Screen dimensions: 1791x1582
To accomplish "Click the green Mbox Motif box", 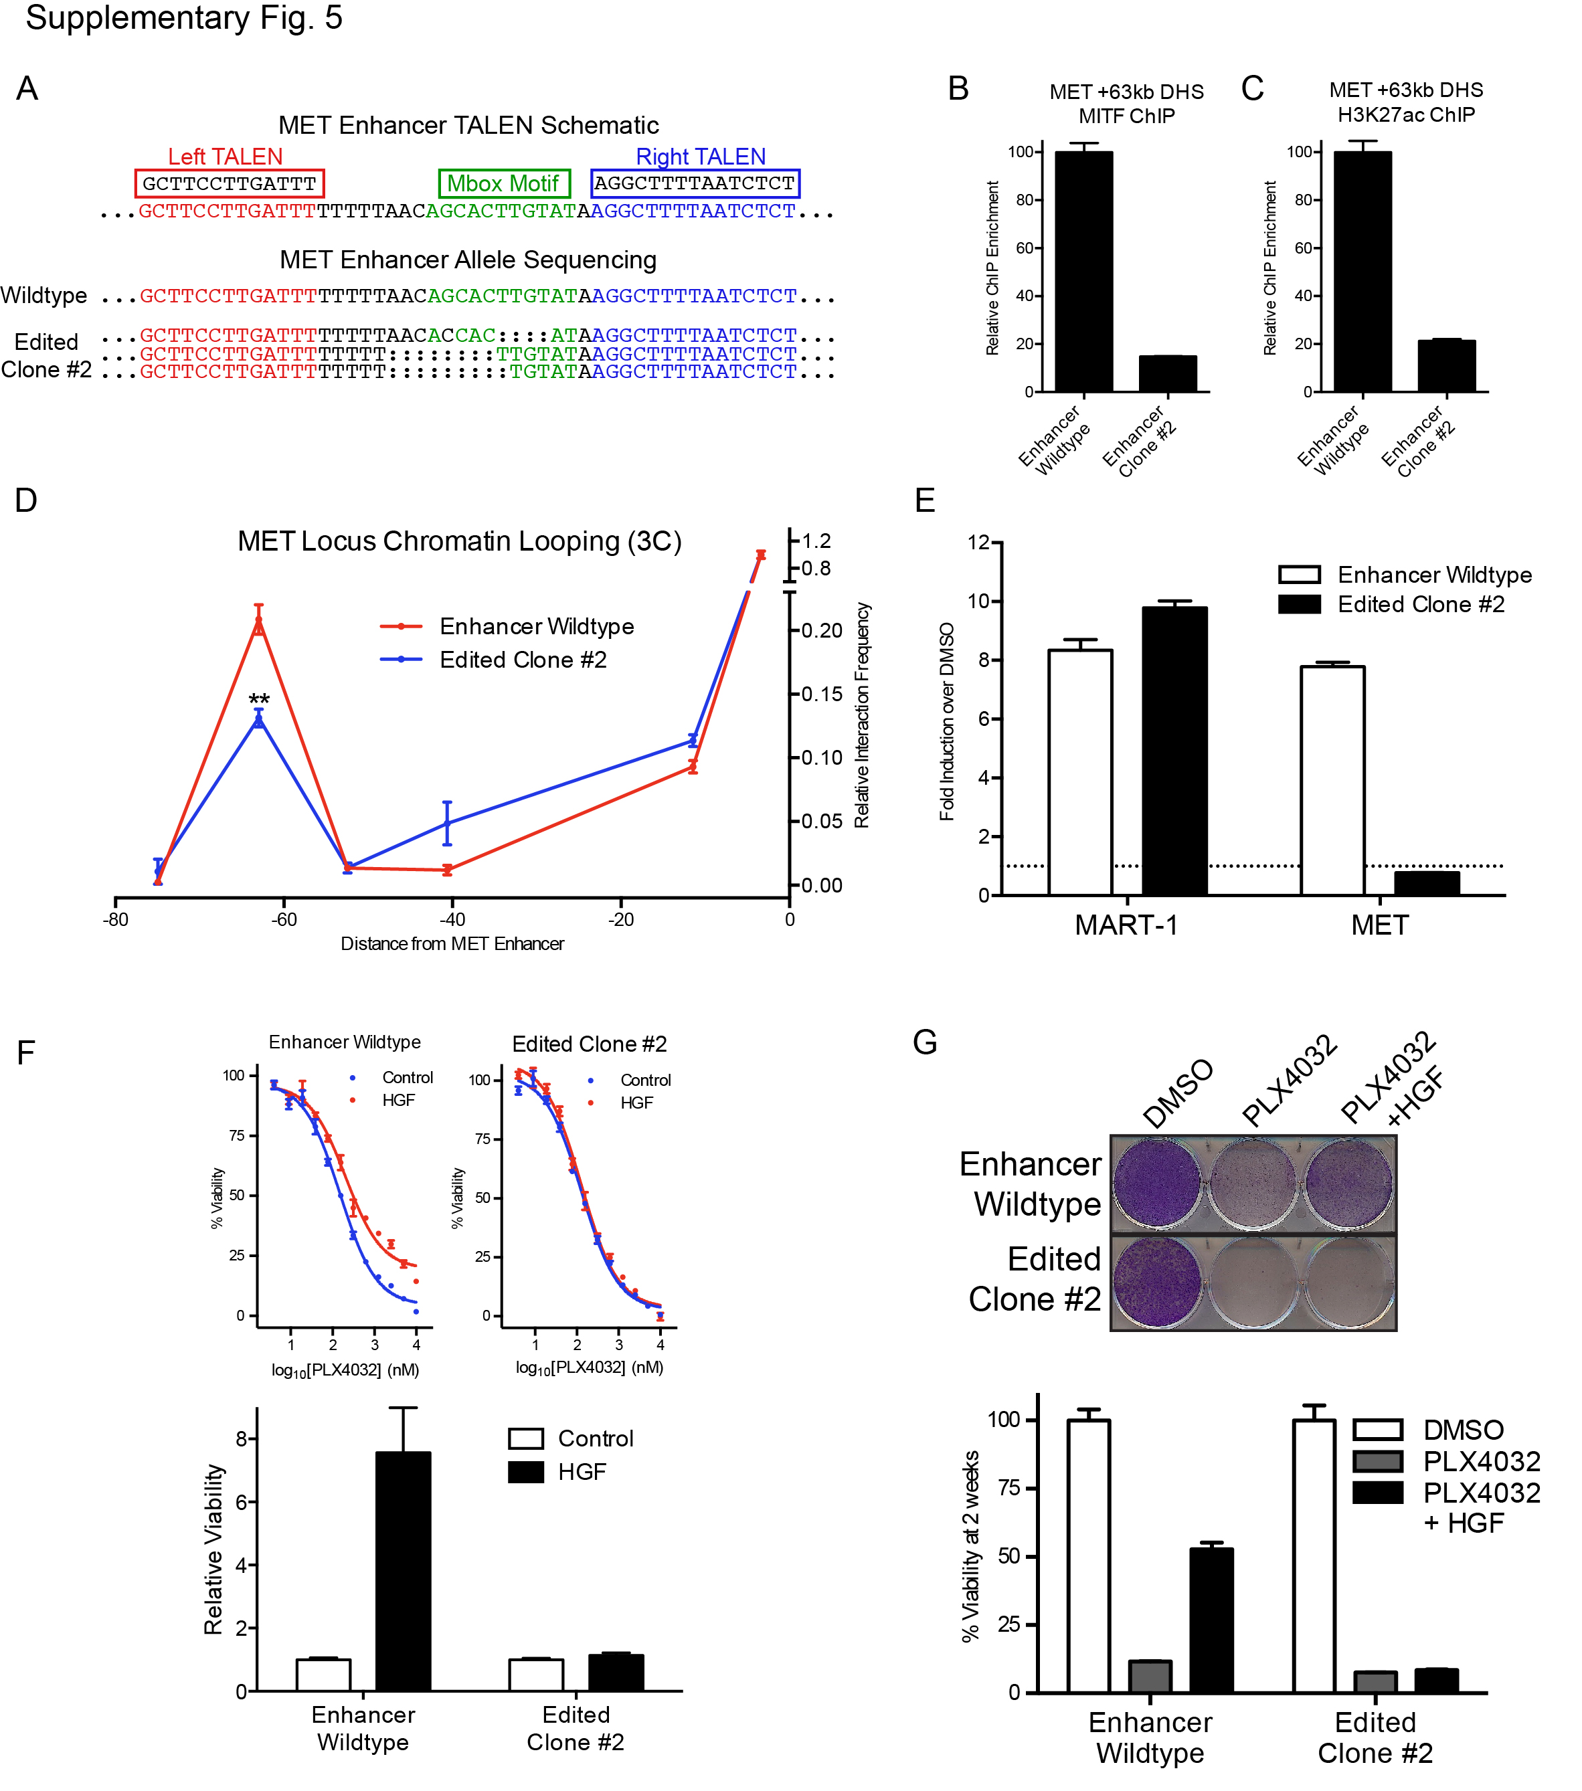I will pos(503,183).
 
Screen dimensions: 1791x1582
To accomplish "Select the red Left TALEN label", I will pos(226,156).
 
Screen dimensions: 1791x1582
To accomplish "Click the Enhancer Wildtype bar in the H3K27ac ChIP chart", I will pos(1362,272).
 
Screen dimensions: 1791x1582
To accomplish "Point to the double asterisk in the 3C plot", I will pos(258,699).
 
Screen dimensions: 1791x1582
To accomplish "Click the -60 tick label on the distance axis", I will pos(283,919).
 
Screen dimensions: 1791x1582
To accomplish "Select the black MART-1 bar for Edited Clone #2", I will pos(1174,750).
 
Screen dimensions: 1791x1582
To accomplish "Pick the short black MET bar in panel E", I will pos(1426,882).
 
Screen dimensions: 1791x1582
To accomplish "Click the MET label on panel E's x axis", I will pos(1379,925).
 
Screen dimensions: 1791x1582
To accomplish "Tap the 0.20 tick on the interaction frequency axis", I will pos(821,630).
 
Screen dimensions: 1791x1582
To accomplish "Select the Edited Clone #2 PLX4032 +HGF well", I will pos(1348,1281).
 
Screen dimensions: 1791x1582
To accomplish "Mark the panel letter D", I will pos(26,500).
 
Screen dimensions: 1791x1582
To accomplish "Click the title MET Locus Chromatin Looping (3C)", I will pos(459,541).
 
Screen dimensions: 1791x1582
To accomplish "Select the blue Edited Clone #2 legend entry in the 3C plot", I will pos(523,659).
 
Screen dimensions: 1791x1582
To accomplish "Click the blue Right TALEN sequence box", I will pos(694,183).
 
